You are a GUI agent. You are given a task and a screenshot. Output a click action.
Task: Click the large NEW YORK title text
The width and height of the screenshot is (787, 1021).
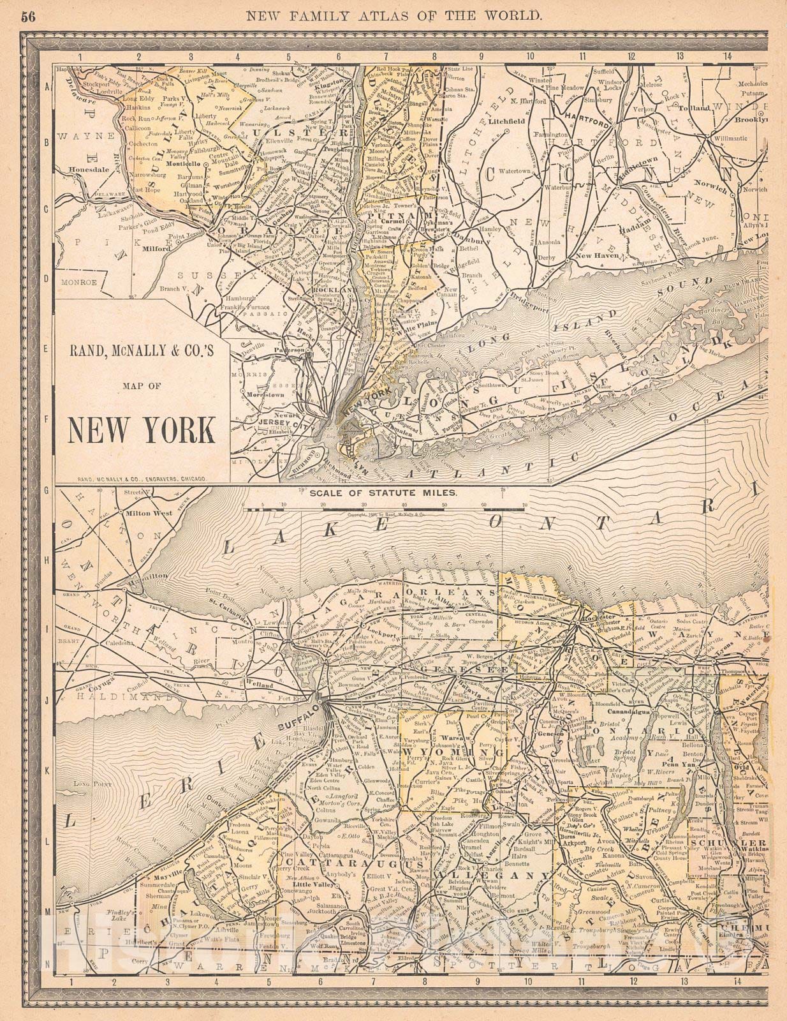[x=141, y=430]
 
